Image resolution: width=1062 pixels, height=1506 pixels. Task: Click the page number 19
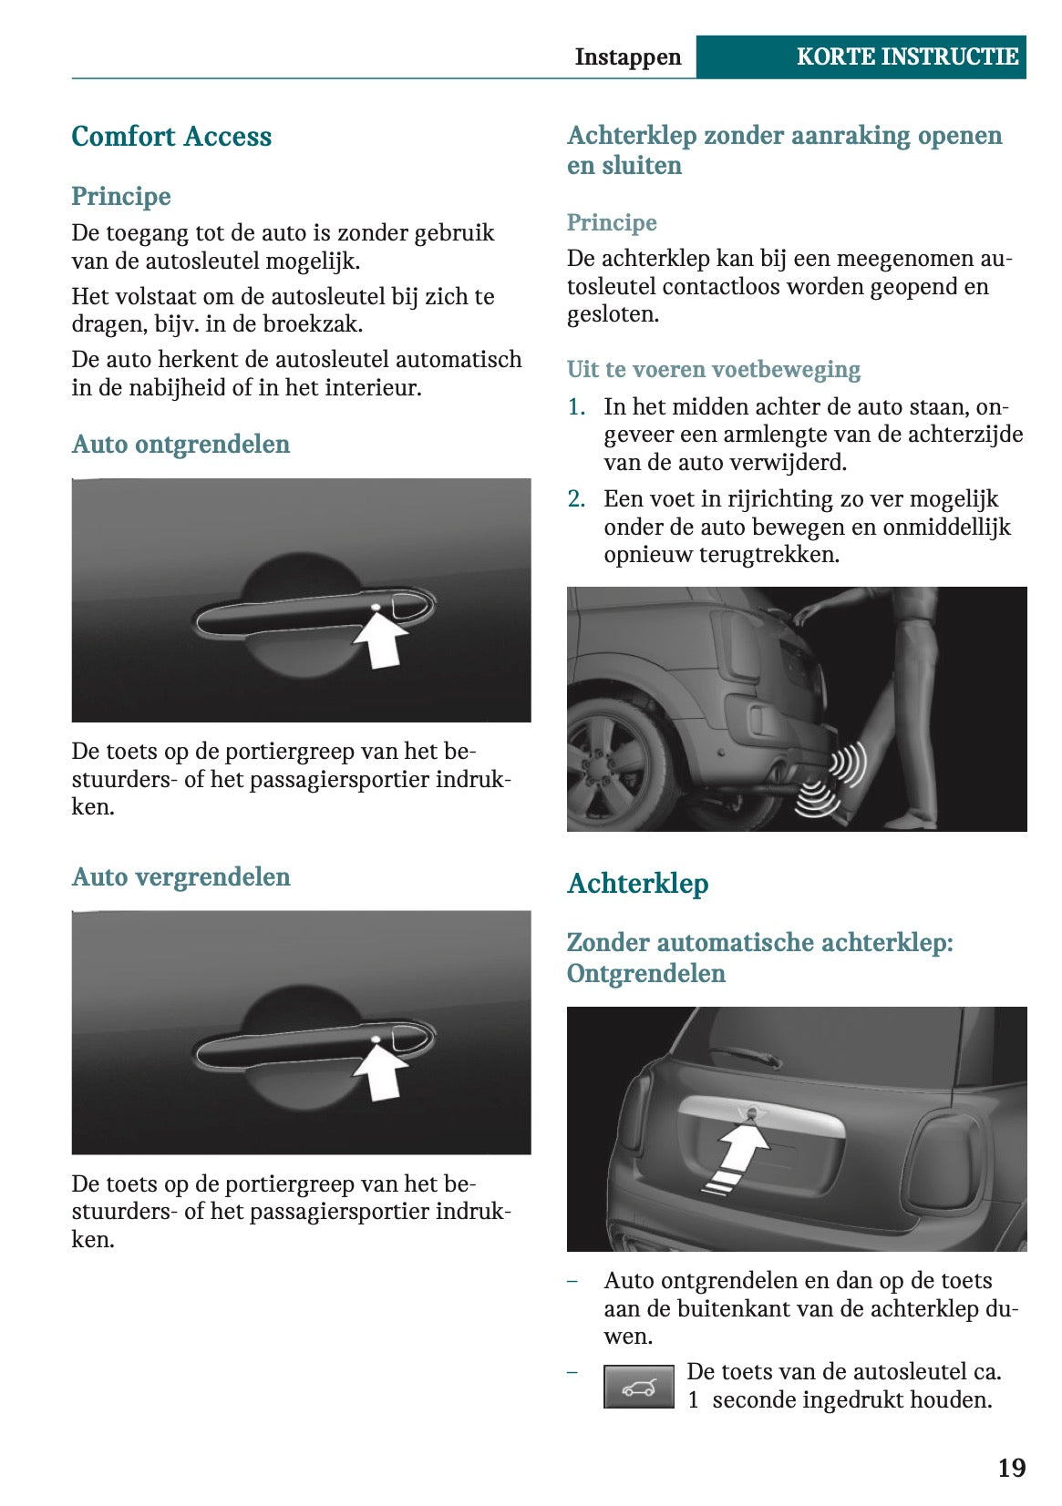click(1011, 1468)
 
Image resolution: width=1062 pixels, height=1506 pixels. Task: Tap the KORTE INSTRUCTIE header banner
click(906, 56)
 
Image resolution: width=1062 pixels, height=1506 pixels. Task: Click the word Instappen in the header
click(627, 56)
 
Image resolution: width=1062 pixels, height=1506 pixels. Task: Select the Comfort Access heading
click(171, 137)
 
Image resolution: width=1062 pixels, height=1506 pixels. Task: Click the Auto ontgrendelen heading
click(180, 445)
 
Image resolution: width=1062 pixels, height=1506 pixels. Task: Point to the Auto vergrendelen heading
click(180, 877)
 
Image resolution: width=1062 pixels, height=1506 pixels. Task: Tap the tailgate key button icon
click(638, 1387)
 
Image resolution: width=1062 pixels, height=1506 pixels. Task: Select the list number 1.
click(576, 407)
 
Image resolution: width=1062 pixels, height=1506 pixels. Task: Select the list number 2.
click(576, 499)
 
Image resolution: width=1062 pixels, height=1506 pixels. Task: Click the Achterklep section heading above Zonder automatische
click(637, 884)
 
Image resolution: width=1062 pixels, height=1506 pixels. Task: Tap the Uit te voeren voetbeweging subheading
click(713, 370)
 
